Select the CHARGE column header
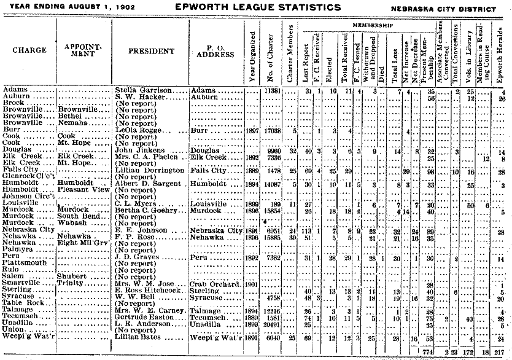(x=29, y=50)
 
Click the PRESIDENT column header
(x=149, y=52)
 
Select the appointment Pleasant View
(x=83, y=190)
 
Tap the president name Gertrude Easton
(x=145, y=318)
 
